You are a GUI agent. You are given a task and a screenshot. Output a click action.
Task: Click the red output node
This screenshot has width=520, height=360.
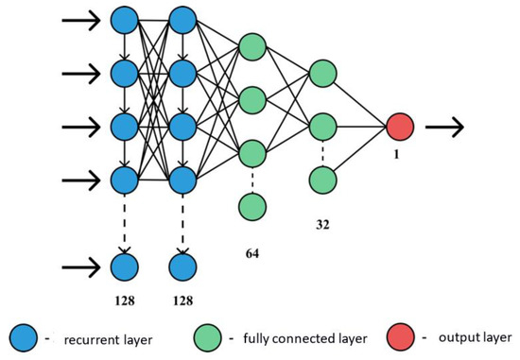400,125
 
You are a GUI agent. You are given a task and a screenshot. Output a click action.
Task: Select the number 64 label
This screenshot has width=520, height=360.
251,253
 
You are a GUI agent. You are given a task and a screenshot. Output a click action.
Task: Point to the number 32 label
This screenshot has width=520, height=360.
324,226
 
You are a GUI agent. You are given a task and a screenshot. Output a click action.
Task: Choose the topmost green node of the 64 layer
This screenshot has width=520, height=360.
251,46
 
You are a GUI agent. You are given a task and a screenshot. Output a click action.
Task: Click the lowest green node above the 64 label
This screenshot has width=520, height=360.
251,204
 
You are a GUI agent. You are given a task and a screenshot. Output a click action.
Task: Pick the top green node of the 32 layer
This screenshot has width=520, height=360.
323,72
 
